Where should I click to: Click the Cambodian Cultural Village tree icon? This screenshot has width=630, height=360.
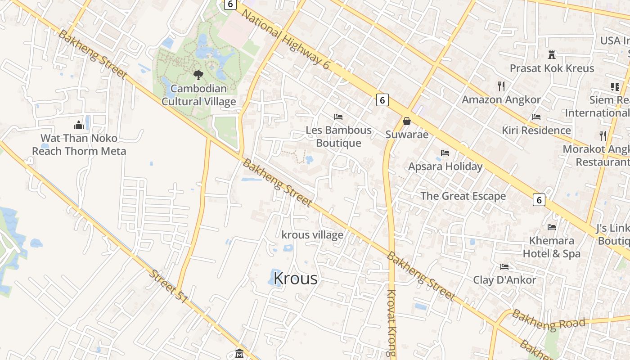click(198, 75)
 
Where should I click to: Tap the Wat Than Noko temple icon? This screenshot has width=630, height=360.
click(79, 125)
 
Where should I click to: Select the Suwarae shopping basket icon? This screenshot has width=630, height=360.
click(407, 121)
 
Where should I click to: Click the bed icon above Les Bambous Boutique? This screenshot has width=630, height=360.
click(338, 117)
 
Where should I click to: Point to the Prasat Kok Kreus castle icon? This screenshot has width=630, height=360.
click(552, 55)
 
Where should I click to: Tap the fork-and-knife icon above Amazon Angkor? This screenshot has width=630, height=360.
click(501, 86)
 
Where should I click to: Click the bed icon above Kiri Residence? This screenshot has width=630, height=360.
click(536, 117)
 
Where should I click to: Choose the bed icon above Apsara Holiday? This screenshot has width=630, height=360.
click(445, 153)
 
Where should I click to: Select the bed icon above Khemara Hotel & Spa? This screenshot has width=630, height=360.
click(552, 227)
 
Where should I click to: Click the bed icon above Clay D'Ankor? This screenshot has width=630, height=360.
click(504, 267)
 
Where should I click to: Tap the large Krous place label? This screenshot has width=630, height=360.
click(295, 279)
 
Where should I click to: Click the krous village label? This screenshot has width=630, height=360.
click(312, 235)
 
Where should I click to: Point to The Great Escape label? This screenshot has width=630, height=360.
click(463, 196)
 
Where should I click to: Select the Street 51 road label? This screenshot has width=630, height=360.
click(168, 286)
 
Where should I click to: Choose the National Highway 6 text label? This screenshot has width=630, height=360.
click(285, 39)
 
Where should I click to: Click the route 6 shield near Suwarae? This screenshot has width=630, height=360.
click(382, 100)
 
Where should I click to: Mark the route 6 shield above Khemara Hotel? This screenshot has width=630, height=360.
click(539, 199)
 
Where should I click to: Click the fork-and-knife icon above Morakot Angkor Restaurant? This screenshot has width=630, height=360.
click(603, 135)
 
